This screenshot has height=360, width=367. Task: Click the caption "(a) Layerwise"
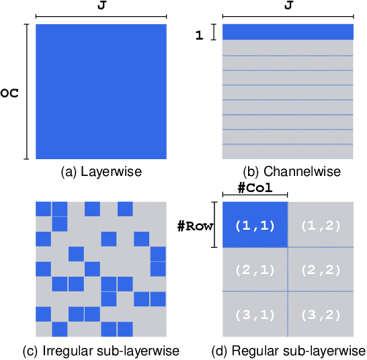click(101, 171)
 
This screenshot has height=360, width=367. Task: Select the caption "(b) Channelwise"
click(288, 171)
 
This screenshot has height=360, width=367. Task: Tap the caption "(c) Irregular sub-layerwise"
click(101, 351)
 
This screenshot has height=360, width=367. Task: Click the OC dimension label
click(9, 92)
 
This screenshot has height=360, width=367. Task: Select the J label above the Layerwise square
click(101, 5)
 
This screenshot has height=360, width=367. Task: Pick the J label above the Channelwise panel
click(288, 5)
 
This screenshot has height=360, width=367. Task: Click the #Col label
click(255, 187)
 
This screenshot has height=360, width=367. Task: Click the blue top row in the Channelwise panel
click(288, 32)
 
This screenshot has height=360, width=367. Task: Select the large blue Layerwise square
click(101, 92)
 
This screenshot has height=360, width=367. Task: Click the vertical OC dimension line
click(26, 92)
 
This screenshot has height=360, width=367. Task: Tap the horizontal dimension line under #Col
click(255, 196)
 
